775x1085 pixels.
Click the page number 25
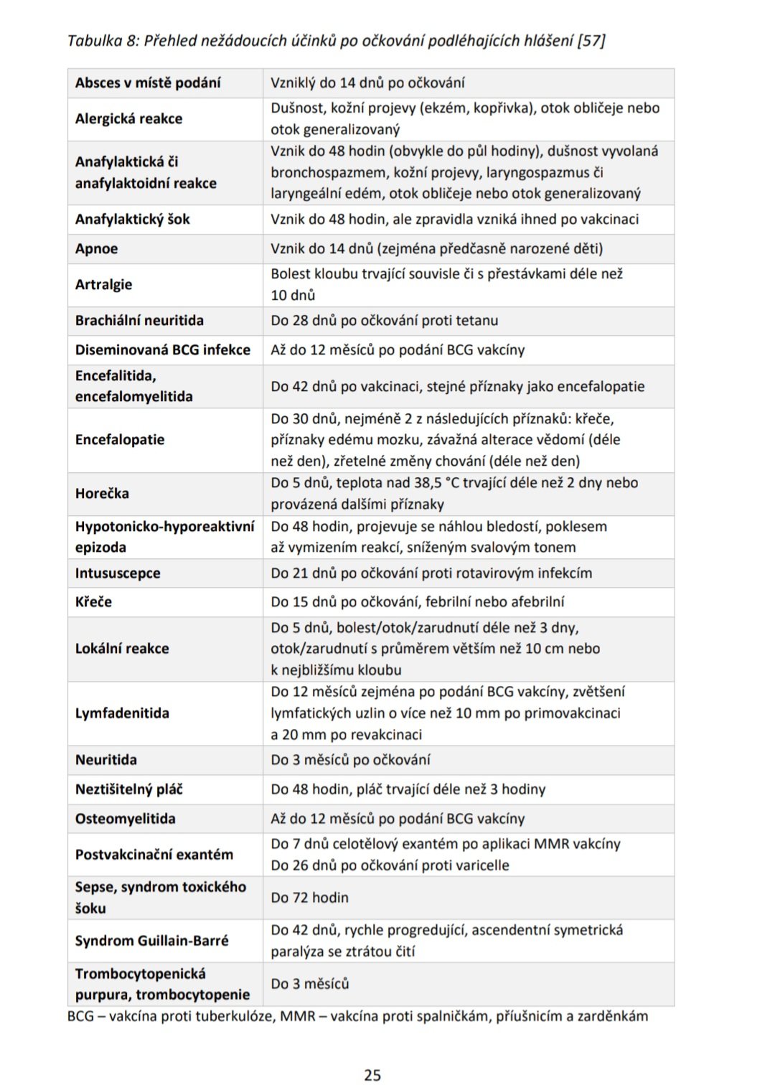372,1074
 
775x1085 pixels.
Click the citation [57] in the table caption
591,41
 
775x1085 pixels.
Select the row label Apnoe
96,249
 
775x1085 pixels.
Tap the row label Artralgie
103,285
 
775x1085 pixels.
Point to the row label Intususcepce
118,573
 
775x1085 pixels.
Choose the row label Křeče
93,602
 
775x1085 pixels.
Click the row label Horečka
102,494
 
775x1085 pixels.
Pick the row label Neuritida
105,760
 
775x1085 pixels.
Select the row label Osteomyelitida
125,819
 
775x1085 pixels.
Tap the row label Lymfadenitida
122,713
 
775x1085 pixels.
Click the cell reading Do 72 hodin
309,898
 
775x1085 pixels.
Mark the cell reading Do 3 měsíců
309,984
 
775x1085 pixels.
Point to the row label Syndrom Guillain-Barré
151,941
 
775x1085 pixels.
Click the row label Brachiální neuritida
139,321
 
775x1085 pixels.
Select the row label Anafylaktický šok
132,220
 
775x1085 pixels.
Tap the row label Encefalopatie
120,440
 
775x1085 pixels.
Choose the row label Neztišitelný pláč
128,789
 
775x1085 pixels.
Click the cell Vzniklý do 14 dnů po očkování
367,83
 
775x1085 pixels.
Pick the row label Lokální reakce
122,649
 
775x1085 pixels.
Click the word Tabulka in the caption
95,41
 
